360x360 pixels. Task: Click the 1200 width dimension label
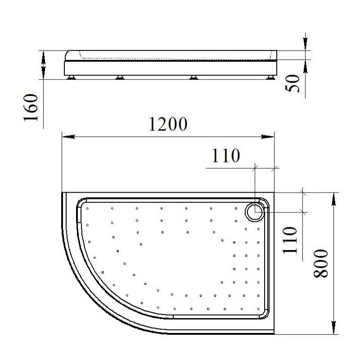(x=168, y=124)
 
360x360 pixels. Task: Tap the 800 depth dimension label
(x=321, y=263)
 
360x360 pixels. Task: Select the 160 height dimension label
(x=31, y=107)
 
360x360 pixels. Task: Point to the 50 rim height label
(x=292, y=84)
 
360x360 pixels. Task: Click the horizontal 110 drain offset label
(x=226, y=156)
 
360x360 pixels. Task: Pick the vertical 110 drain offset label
(x=289, y=240)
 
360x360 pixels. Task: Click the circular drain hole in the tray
(x=255, y=212)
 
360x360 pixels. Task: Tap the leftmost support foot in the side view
(x=71, y=77)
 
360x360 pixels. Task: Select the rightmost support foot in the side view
(x=270, y=77)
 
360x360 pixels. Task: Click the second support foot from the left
(x=120, y=77)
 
